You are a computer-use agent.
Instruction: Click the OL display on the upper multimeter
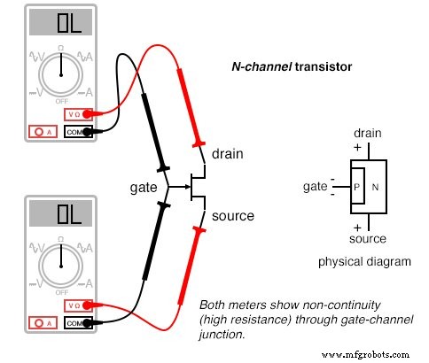60,24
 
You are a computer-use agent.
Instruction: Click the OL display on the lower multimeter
60,216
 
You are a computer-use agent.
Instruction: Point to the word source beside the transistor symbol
233,215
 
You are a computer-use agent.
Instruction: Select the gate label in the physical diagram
316,188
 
